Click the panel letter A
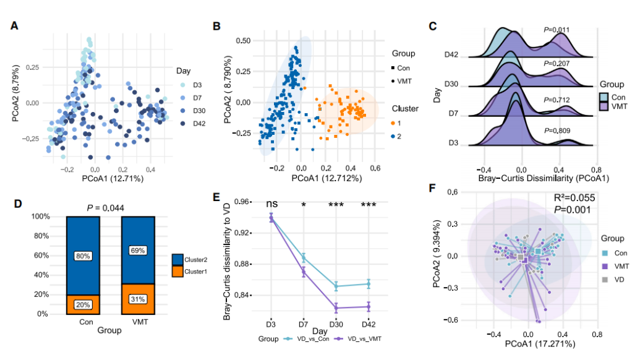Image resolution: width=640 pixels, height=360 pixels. pos(13,26)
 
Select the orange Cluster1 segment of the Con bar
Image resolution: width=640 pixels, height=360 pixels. pos(83,304)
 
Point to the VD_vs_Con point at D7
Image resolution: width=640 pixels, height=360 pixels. pos(304,257)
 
